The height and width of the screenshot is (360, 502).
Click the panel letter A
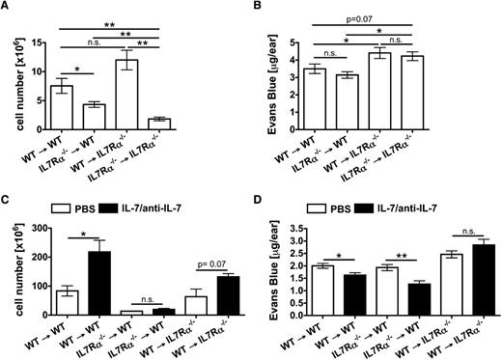tap(7, 9)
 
